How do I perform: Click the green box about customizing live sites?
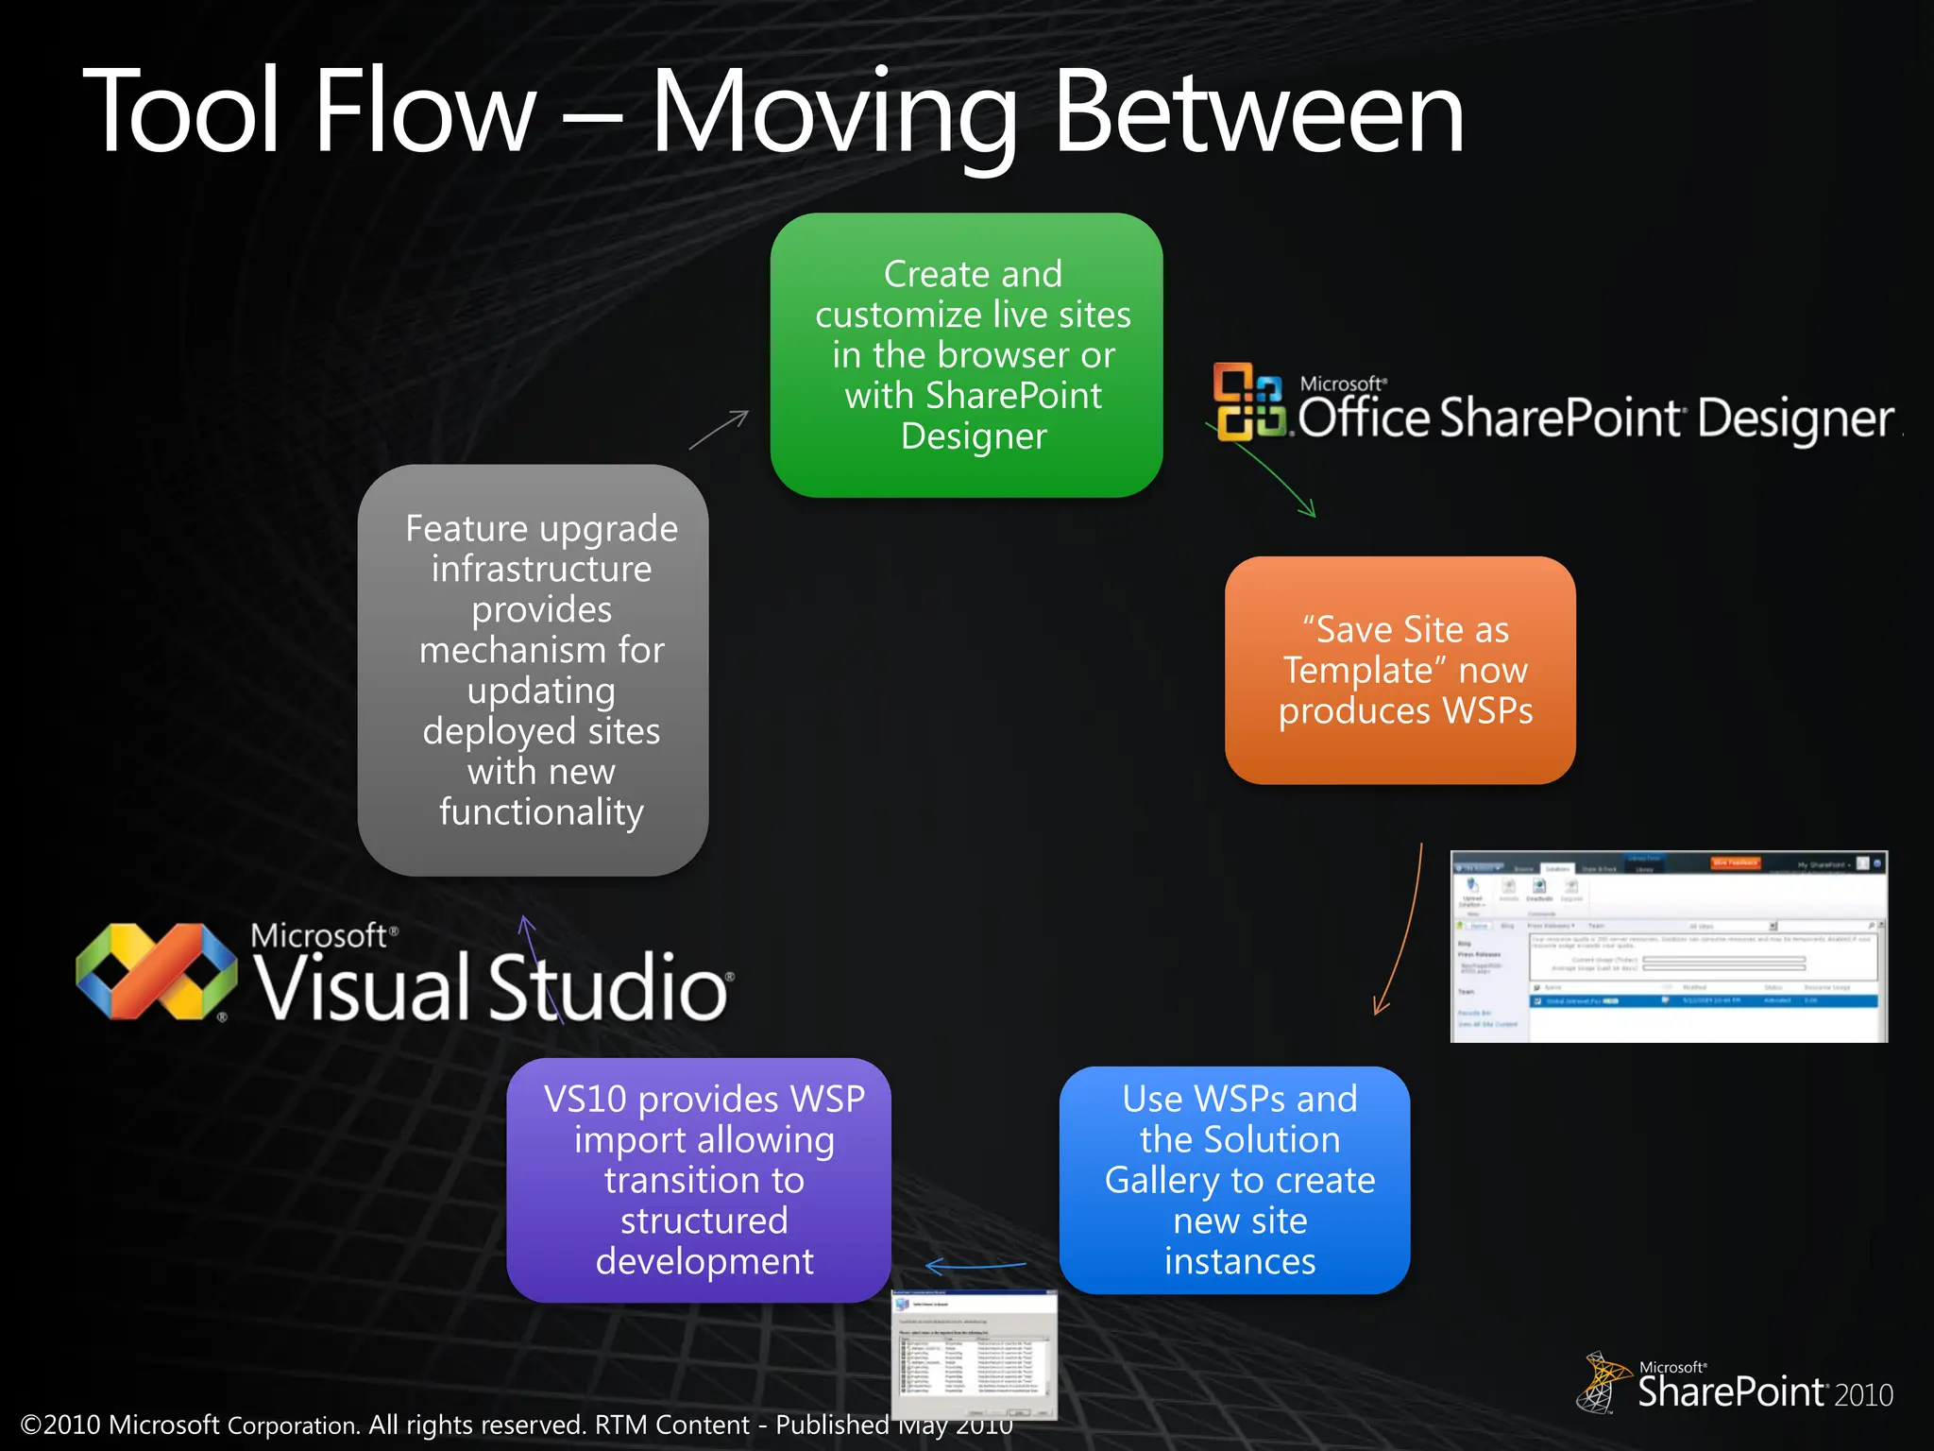pyautogui.click(x=966, y=354)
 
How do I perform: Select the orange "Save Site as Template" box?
pyautogui.click(x=1400, y=670)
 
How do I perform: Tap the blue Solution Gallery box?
pyautogui.click(x=1234, y=1180)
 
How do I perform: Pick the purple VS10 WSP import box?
pyautogui.click(x=700, y=1180)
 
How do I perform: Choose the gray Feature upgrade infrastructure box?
pyautogui.click(x=534, y=670)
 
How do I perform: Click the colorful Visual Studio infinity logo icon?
pyautogui.click(x=157, y=971)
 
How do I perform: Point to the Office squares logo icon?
pyautogui.click(x=1248, y=401)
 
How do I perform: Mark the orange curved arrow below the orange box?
pyautogui.click(x=1402, y=930)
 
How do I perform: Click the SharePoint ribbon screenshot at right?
pyautogui.click(x=1668, y=947)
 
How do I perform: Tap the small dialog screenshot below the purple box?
pyautogui.click(x=975, y=1355)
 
